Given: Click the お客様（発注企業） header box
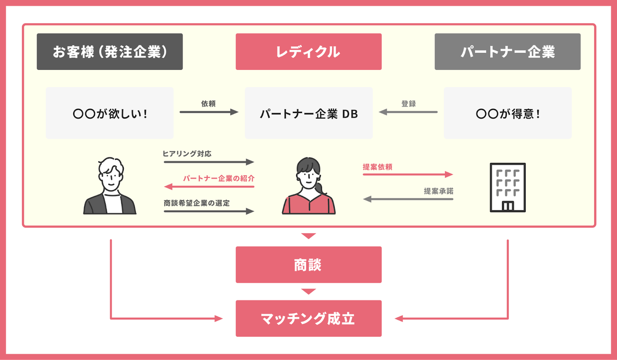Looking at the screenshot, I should pos(110,51).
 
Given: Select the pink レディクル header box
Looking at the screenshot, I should pos(308,51).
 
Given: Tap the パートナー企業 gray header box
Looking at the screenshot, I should pos(507,51).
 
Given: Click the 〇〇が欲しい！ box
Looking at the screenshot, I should pos(110,113).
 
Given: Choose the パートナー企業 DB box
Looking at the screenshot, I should pos(308,113).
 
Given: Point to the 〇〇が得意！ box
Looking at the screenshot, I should pos(507,113).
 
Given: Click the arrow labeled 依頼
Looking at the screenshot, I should pos(209,112).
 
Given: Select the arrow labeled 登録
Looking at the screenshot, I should pos(408,112).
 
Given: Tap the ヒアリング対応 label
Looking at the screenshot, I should pos(187,153).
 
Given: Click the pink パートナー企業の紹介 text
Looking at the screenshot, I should pos(219,177).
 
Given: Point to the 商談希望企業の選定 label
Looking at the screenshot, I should pos(197,203).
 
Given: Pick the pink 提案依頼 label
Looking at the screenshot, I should pos(377,167).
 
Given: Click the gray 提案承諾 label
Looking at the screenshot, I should pos(438,191).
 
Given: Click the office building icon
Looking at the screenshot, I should pos(508,187).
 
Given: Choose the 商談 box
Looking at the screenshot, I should pos(308,264).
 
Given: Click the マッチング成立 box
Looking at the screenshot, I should pos(308,318).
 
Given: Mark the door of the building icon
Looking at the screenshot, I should pos(508,206).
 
